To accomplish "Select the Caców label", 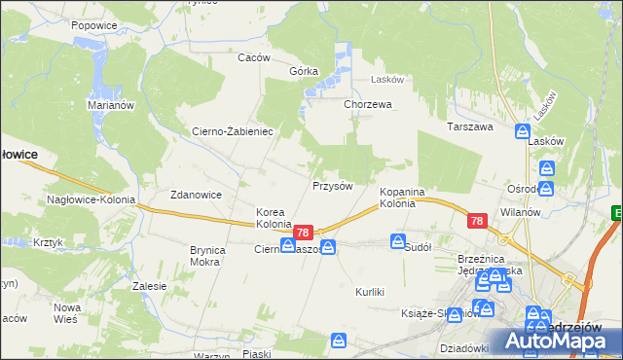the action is [253, 57].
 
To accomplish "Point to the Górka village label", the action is [304, 72].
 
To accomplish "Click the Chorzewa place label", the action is [367, 104].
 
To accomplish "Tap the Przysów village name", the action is [331, 185].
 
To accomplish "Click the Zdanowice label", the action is [197, 195].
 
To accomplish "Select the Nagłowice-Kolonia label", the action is [89, 199].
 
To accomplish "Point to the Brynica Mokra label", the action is [207, 256].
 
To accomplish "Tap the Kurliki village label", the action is [371, 292].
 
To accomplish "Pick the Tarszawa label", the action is [470, 126].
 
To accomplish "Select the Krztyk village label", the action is [48, 242].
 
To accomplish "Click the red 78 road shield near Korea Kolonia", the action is [303, 233].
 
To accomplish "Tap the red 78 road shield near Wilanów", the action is [476, 222].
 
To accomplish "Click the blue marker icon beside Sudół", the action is [398, 240].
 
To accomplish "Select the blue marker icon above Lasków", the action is [523, 130].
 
